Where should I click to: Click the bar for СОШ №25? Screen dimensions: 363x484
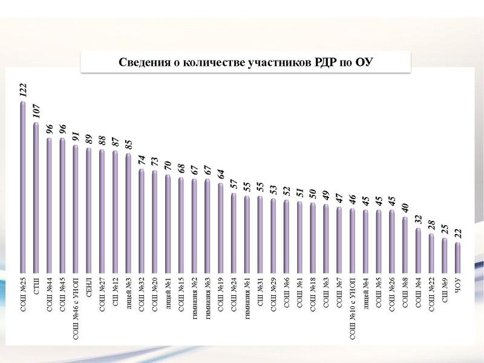(x=23, y=188)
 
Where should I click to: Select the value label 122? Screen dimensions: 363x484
(x=23, y=91)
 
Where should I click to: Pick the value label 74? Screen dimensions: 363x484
(x=142, y=160)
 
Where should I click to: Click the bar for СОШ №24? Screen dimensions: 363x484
(x=234, y=233)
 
